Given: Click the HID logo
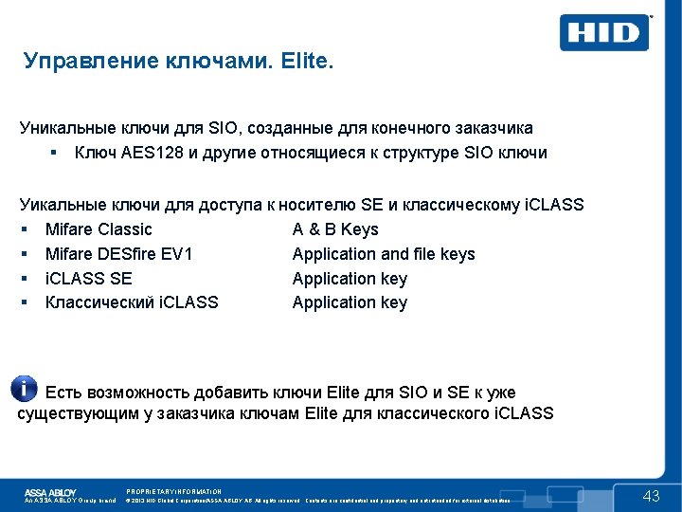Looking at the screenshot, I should point(604,33).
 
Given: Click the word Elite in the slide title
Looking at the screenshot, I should point(305,63).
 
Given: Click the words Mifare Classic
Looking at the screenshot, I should point(99,229).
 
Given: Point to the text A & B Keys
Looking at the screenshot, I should point(335,229).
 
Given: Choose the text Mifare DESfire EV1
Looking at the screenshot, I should point(118,254).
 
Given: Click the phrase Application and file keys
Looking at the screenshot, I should point(384,254).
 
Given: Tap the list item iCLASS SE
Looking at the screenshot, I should point(89,279).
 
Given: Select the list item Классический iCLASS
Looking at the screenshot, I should point(132,302).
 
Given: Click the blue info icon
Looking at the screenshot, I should point(24,388).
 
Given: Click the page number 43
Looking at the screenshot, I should point(651,496).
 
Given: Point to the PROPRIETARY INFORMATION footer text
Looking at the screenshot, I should point(173,491).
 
